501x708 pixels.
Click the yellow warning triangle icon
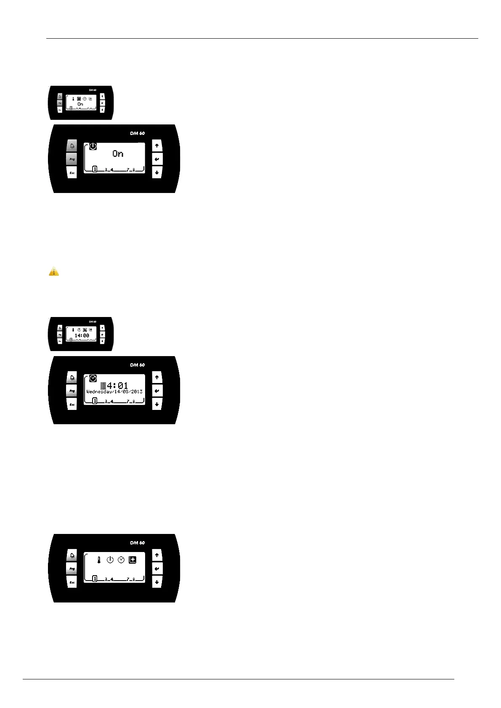pyautogui.click(x=54, y=272)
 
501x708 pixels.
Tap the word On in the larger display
pyautogui.click(x=118, y=154)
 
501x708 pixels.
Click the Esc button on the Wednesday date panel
pyautogui.click(x=72, y=404)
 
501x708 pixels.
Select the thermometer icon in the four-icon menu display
pyautogui.click(x=99, y=560)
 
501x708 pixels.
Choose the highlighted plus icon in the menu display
pyautogui.click(x=133, y=560)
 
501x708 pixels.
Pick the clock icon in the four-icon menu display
pyautogui.click(x=121, y=560)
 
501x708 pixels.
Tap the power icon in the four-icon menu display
pyautogui.click(x=110, y=560)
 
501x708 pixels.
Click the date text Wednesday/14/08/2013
pyautogui.click(x=114, y=392)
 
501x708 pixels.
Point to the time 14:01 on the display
pyautogui.click(x=114, y=385)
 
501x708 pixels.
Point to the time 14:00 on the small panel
pyautogui.click(x=82, y=336)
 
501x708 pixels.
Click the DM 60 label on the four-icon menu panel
pyautogui.click(x=137, y=543)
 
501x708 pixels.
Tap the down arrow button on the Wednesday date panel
pyautogui.click(x=157, y=404)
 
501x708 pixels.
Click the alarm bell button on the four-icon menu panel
pyautogui.click(x=72, y=556)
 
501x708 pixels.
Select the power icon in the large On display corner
pyautogui.click(x=93, y=146)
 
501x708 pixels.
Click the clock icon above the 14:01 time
pyautogui.click(x=93, y=378)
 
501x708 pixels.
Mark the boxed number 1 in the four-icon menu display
pyautogui.click(x=95, y=579)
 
